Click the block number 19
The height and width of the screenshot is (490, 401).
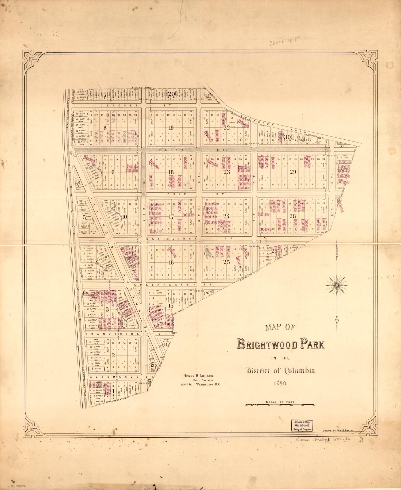pos(171,128)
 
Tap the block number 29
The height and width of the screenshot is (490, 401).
pos(293,172)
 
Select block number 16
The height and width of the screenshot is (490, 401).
pos(171,263)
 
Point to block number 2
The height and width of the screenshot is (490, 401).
pos(113,355)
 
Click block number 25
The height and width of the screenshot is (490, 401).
pos(226,262)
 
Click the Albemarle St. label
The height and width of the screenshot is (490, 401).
pos(115,377)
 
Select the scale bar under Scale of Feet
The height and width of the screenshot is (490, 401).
pos(279,405)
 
